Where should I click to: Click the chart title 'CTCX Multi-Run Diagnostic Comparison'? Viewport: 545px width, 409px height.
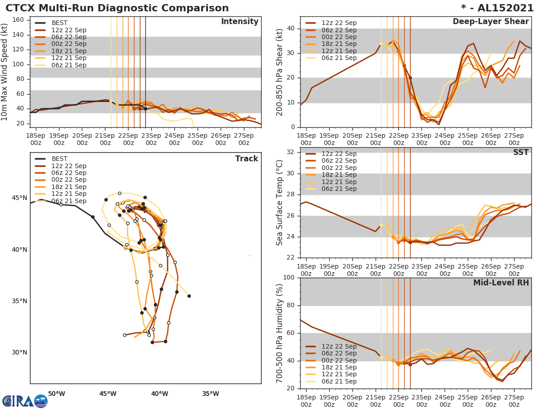click(117, 8)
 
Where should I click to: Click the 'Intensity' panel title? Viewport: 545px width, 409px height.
click(239, 22)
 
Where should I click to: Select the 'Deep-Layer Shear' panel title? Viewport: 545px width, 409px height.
click(490, 22)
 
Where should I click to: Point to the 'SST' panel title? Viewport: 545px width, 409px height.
click(521, 153)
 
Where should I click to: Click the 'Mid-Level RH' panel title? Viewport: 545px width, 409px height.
click(501, 283)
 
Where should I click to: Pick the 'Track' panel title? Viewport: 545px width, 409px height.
click(247, 159)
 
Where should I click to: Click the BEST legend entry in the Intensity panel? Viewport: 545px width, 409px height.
click(59, 23)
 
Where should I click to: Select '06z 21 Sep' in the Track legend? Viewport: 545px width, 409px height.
click(69, 201)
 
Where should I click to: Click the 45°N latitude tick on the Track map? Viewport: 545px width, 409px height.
click(20, 198)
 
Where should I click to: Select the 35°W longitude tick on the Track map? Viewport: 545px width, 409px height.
click(210, 394)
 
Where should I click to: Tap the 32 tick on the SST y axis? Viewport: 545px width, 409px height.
click(292, 152)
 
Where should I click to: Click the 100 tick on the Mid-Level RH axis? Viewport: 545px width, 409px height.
click(289, 278)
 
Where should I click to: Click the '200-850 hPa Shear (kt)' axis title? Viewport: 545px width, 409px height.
click(280, 72)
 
